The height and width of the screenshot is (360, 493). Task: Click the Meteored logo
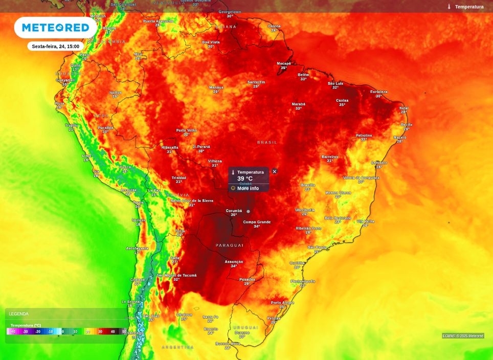pos(55,28)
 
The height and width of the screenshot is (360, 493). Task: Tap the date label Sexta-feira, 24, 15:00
pos(55,46)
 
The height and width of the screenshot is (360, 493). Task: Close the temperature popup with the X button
pos(275,171)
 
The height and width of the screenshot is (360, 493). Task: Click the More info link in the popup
pos(248,188)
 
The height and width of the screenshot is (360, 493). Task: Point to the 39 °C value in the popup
pos(244,178)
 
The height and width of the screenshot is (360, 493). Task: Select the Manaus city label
pos(216,87)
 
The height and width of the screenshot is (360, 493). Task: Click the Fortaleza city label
pos(379,92)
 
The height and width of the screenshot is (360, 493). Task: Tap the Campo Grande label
pos(257,222)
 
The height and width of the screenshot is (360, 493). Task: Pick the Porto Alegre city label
pos(282,303)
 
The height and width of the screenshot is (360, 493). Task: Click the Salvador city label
pos(379,163)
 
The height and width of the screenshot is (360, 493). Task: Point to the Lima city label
pos(86,156)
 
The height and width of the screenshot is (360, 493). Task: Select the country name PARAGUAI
pos(230,245)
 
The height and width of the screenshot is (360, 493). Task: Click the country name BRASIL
pos(267,142)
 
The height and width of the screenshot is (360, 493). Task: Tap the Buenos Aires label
pos(228,344)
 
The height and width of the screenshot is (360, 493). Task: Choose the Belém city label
pos(303,75)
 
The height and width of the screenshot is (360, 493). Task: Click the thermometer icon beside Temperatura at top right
pos(449,7)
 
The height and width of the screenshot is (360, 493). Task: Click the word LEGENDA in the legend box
pos(19,314)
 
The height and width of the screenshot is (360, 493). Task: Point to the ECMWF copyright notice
pos(463,336)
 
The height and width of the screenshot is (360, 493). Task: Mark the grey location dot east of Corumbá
pos(249,211)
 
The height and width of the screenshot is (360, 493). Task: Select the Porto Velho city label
pos(187,130)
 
